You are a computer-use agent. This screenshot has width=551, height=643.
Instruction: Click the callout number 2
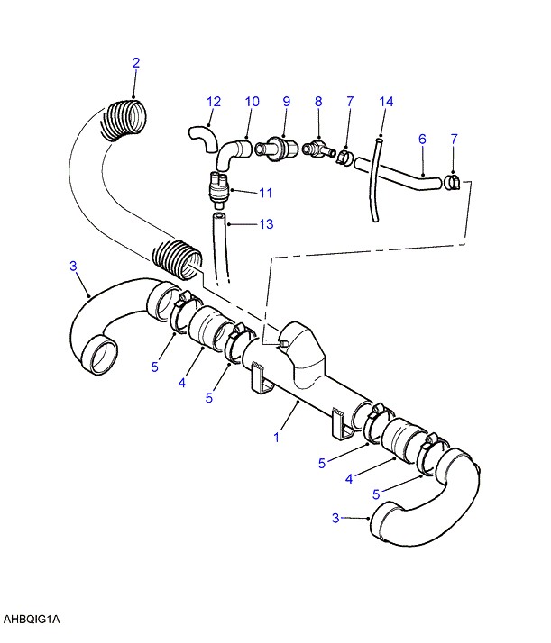point(136,63)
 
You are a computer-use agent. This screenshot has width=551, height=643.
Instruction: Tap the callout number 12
point(214,102)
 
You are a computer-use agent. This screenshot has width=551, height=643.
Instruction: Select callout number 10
point(253,102)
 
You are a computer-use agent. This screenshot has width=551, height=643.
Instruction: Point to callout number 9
point(286,102)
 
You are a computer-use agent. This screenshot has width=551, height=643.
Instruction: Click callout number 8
point(318,102)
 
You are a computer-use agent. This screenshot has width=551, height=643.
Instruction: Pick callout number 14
point(386,102)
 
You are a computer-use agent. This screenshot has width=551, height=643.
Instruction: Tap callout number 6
point(422,139)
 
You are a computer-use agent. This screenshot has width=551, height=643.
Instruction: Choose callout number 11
point(266,193)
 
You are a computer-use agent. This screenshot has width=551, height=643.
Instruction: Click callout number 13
point(266,224)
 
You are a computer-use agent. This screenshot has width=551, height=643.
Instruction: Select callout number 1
point(277,438)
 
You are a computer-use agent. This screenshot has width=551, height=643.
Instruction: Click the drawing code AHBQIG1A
point(32,619)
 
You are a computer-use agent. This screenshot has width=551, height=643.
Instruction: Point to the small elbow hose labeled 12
point(203,139)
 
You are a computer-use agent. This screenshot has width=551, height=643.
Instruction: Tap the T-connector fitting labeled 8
point(319,150)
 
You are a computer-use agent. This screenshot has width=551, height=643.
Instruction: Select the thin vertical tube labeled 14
point(375,180)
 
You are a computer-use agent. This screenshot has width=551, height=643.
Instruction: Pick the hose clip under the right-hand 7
point(452,182)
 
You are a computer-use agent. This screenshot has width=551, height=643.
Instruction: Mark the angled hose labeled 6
point(399,175)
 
